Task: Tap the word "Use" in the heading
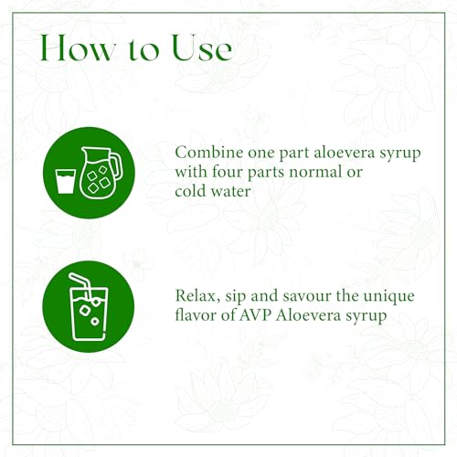[202, 48]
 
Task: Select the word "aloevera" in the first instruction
[344, 153]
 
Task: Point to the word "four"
[228, 172]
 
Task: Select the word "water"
[231, 192]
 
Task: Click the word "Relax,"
[197, 296]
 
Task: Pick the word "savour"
[307, 296]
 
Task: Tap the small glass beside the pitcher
[65, 182]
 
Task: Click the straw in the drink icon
[80, 284]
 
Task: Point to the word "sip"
[236, 297]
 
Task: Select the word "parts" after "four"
[266, 173]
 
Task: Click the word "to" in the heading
[143, 49]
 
